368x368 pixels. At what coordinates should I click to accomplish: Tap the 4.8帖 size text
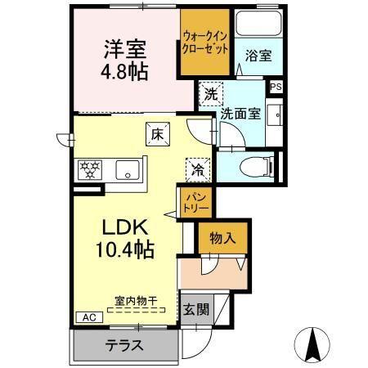[x=125, y=71]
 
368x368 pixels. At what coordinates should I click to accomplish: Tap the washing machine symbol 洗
[x=210, y=94]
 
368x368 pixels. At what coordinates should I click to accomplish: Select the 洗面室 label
[x=241, y=114]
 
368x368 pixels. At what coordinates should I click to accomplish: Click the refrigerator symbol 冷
[x=197, y=169]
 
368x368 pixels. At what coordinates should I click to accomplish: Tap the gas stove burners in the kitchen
[x=89, y=170]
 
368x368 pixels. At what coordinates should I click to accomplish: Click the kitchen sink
[x=127, y=171]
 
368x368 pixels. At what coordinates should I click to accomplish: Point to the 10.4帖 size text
[x=123, y=249]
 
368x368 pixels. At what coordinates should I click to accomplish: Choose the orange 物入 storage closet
[x=222, y=238]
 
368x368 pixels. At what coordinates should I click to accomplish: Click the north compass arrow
[x=312, y=343]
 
